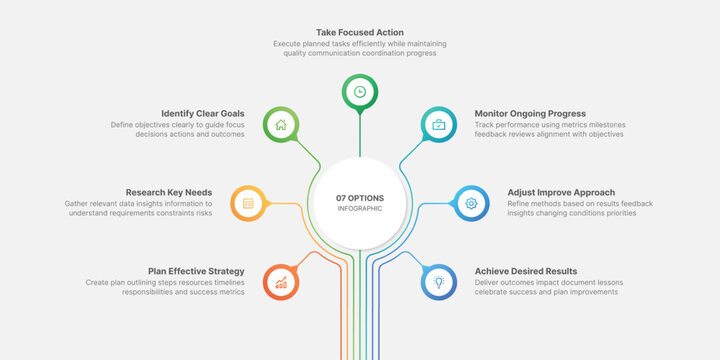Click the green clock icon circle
359,91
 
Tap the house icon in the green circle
281,125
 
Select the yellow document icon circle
248,203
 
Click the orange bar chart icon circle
281,282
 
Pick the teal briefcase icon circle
438,125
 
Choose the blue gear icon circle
471,203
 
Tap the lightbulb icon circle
438,282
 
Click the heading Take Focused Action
359,32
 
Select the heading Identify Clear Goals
203,113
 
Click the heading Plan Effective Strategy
196,270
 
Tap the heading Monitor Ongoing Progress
530,113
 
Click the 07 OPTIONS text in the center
360,198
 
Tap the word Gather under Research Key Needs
81,203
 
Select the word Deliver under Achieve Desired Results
489,282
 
